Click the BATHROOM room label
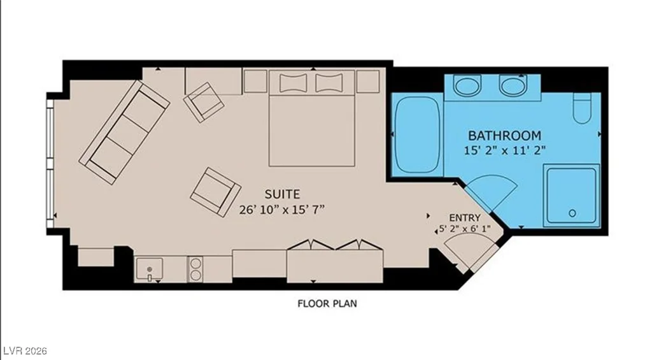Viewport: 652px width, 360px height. click(x=504, y=136)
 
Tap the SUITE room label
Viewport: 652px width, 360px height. click(x=282, y=194)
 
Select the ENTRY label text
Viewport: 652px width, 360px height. click(x=465, y=218)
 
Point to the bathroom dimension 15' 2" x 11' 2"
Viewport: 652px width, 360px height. click(x=504, y=150)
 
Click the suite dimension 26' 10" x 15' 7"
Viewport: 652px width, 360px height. click(x=281, y=210)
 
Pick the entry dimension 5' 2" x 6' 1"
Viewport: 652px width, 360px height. click(x=465, y=229)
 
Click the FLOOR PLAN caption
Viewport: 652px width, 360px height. click(x=327, y=303)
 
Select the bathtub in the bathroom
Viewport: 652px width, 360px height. click(x=417, y=135)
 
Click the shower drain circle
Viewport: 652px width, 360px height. click(x=572, y=213)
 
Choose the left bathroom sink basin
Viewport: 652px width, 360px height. click(x=467, y=86)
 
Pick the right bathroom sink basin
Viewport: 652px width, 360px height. click(x=514, y=86)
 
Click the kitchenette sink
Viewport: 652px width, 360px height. click(x=149, y=270)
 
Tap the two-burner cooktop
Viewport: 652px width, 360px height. click(x=195, y=269)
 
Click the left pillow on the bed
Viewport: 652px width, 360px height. click(x=293, y=83)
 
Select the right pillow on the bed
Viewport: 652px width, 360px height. click(x=329, y=83)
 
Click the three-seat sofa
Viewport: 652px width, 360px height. click(x=124, y=133)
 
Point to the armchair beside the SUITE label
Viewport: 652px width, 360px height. click(x=215, y=192)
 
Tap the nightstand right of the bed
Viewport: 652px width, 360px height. click(x=368, y=81)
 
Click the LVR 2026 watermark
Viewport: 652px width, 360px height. click(x=24, y=351)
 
